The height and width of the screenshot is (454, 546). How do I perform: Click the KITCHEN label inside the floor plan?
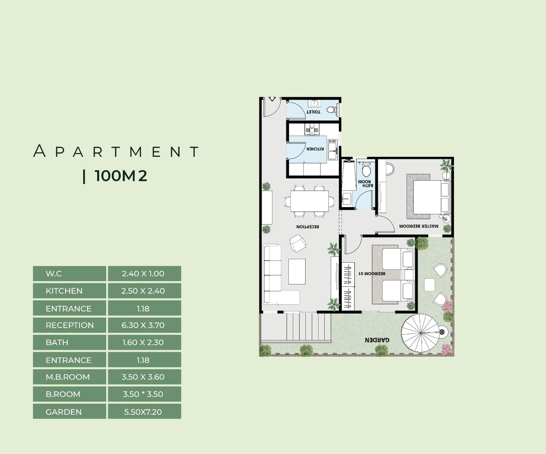click(315, 149)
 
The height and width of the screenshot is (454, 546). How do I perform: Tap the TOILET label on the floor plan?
click(313, 112)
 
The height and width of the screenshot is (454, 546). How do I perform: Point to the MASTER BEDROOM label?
click(419, 226)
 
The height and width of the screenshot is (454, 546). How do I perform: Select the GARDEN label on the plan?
click(377, 340)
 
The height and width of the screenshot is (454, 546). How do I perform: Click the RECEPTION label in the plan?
click(308, 227)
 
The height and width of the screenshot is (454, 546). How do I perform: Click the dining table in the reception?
click(310, 201)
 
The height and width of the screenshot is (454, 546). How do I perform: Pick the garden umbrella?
click(421, 333)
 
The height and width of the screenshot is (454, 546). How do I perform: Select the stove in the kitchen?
click(312, 129)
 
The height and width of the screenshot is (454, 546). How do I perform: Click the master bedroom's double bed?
click(431, 197)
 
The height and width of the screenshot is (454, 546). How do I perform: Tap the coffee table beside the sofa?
click(297, 272)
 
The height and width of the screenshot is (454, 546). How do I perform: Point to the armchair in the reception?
click(298, 243)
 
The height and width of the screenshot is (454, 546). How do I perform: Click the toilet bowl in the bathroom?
click(366, 170)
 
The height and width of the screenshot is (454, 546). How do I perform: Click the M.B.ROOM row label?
click(68, 377)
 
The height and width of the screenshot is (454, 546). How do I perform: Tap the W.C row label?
click(54, 274)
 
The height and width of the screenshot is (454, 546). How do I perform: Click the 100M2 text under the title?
click(120, 176)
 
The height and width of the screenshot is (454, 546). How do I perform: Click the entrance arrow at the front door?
click(272, 99)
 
